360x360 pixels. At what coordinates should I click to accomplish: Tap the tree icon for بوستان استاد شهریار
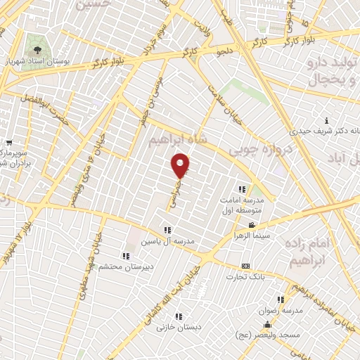(x=36, y=50)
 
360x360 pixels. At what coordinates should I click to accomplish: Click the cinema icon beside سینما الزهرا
(x=252, y=225)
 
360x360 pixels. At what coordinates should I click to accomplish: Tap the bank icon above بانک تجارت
(x=245, y=266)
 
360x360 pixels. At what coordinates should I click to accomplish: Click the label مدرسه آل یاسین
(x=167, y=240)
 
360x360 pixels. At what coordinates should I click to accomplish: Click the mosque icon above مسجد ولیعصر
(x=267, y=325)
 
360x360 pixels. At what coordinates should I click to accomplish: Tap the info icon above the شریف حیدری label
(x=326, y=121)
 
